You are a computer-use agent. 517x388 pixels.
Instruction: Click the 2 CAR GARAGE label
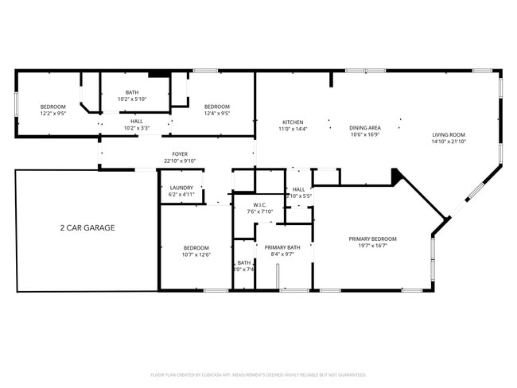(87, 228)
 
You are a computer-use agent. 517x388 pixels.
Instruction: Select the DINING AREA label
(365, 127)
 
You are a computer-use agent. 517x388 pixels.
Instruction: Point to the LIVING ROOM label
(449, 135)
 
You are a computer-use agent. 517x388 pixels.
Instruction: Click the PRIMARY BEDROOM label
(372, 239)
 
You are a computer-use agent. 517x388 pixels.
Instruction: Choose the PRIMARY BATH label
(282, 248)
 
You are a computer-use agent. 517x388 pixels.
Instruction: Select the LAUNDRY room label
(181, 188)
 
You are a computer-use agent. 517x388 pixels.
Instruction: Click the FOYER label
(181, 154)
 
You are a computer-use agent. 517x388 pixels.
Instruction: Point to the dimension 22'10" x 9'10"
(181, 161)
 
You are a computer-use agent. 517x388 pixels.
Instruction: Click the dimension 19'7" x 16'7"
(372, 246)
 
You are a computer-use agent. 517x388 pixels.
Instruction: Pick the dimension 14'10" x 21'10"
(449, 142)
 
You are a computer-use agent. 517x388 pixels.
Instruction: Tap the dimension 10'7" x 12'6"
(196, 254)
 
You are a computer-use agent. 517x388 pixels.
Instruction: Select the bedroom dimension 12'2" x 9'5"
(53, 114)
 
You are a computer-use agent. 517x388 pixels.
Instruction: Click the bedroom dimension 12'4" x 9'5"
(216, 114)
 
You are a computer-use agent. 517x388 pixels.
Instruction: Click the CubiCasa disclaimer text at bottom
(258, 374)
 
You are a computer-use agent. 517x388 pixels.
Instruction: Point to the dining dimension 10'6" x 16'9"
(365, 134)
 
